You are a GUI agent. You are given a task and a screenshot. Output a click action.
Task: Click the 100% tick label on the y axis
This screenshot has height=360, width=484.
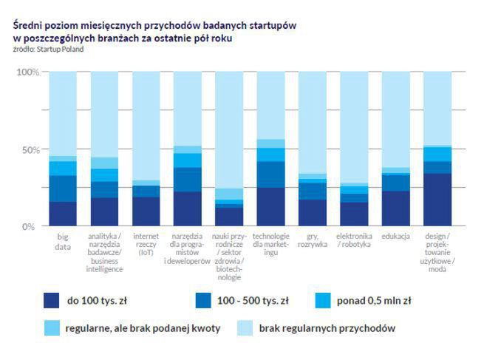tap(27, 72)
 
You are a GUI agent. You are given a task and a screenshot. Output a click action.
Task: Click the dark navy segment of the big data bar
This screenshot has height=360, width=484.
tap(63, 213)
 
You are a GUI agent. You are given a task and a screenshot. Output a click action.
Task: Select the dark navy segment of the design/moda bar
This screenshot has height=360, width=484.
tap(438, 200)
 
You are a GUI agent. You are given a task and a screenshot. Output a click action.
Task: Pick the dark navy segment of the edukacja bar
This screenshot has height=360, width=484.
tap(396, 208)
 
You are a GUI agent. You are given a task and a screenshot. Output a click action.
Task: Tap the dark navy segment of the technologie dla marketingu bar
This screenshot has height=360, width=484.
tap(271, 207)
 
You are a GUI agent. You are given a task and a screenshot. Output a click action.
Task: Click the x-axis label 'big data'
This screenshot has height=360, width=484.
tap(64, 242)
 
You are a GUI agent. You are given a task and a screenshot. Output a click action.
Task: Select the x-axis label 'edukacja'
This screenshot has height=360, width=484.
tap(396, 237)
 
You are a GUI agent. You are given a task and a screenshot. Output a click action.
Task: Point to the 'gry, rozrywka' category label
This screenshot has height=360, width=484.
tap(313, 241)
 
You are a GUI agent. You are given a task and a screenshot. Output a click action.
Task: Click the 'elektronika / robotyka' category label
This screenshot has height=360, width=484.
tap(355, 241)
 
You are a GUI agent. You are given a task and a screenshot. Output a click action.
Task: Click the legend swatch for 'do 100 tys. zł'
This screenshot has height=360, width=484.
tap(51, 300)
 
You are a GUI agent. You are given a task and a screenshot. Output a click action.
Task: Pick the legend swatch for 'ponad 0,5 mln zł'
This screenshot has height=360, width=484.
tap(322, 300)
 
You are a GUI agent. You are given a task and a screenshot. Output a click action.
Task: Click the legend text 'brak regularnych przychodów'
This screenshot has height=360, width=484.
tap(327, 327)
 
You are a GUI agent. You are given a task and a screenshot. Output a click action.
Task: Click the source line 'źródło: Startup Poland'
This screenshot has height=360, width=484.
tap(48, 50)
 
